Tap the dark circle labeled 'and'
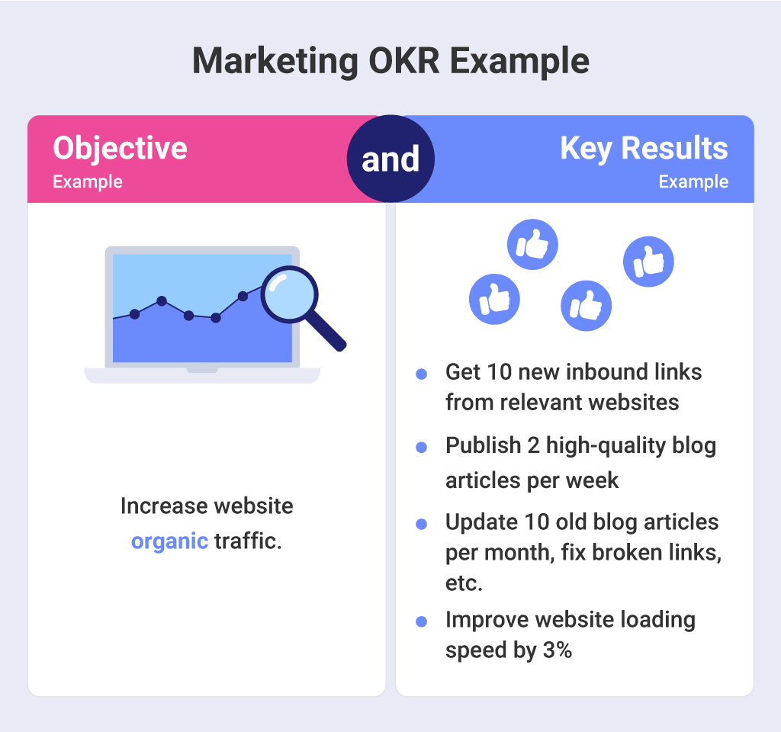click(x=390, y=159)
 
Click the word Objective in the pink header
click(x=120, y=148)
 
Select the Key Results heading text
click(x=644, y=148)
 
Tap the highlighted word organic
click(x=169, y=541)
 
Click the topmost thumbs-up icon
click(x=533, y=245)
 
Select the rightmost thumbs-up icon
click(x=648, y=262)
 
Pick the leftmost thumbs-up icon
click(x=494, y=299)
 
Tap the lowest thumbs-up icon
click(x=587, y=305)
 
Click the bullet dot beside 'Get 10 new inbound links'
click(x=421, y=374)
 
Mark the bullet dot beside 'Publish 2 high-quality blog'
click(x=421, y=448)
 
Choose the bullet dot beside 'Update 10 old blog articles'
click(x=421, y=524)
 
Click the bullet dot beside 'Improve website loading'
click(x=421, y=622)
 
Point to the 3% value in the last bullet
click(x=556, y=650)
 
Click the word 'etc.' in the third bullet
click(x=464, y=583)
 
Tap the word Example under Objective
click(x=87, y=182)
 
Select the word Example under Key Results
click(x=693, y=182)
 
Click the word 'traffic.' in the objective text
click(x=248, y=541)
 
